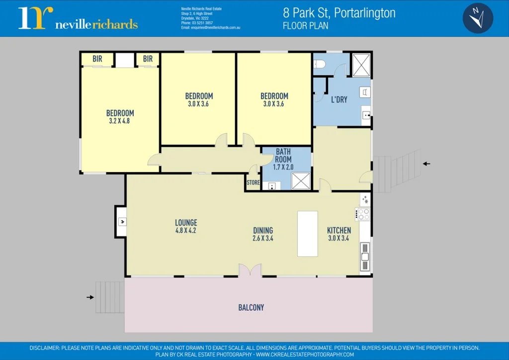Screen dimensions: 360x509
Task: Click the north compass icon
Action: tap(478, 18)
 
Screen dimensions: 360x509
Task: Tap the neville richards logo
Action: tap(78, 18)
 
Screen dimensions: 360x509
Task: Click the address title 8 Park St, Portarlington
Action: tap(339, 13)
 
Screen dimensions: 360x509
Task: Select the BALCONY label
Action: tap(251, 308)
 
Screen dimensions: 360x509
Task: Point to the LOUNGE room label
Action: tap(186, 223)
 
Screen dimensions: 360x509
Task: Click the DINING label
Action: tap(263, 230)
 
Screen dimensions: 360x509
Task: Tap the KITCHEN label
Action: tap(339, 230)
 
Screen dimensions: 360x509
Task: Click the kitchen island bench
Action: tap(307, 234)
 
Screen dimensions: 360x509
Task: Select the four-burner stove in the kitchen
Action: tap(364, 214)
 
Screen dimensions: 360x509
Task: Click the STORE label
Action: tap(253, 183)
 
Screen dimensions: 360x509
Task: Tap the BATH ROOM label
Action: tap(283, 155)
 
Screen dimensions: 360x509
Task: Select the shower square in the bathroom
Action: tap(301, 181)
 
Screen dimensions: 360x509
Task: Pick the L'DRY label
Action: tap(339, 100)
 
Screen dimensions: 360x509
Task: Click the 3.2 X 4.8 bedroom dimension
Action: tap(119, 121)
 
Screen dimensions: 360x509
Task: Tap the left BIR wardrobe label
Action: tap(97, 59)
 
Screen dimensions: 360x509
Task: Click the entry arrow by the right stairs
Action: tap(426, 164)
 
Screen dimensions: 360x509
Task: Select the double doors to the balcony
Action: tap(250, 270)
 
